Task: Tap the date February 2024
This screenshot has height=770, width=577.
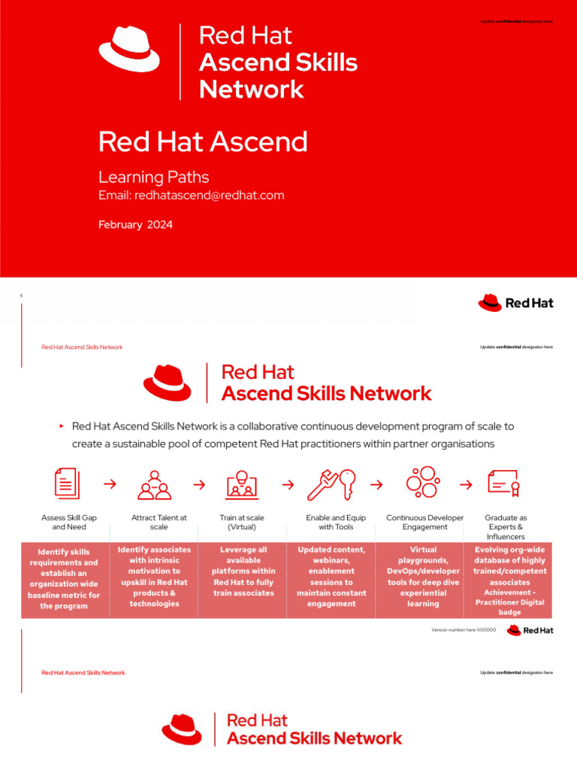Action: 135,225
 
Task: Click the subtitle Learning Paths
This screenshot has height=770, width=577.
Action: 153,177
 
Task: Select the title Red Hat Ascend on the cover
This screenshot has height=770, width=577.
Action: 203,141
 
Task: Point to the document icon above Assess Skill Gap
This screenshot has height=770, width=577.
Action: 67,484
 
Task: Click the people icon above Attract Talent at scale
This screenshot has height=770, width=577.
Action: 155,485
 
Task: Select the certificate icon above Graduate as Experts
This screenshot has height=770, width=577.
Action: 503,484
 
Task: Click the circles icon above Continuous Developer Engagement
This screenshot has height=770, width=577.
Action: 423,482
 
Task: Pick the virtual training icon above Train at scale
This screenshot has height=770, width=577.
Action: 242,484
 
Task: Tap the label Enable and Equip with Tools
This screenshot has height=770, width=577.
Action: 336,523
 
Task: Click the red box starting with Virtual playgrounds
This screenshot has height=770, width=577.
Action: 423,577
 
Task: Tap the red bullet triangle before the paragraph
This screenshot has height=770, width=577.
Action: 62,426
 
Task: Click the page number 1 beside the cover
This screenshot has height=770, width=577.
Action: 21,296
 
